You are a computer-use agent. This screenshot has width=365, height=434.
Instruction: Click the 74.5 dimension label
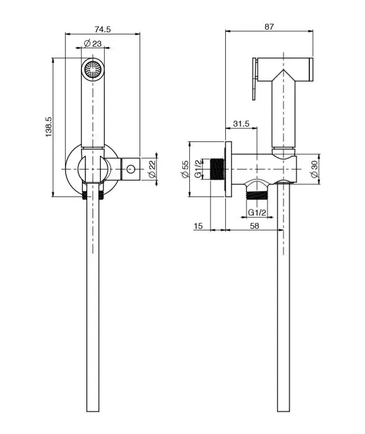click(x=103, y=29)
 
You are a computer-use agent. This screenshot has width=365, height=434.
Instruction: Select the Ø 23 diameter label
click(x=93, y=43)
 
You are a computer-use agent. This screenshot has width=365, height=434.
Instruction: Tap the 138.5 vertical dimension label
click(x=48, y=127)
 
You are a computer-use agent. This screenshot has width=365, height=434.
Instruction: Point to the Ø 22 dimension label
click(x=152, y=169)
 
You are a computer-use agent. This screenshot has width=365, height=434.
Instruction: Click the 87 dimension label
click(x=269, y=26)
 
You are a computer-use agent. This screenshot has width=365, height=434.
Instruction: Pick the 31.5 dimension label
click(x=241, y=123)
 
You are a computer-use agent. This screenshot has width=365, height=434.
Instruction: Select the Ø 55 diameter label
click(x=185, y=169)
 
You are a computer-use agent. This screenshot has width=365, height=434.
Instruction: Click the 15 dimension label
click(x=198, y=226)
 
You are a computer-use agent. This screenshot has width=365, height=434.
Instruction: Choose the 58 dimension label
click(x=254, y=226)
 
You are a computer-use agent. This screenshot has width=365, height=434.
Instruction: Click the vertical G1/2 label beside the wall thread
click(x=198, y=169)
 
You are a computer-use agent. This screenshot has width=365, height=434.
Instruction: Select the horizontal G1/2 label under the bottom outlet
click(x=257, y=212)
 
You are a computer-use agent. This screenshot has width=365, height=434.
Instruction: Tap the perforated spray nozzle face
click(x=93, y=69)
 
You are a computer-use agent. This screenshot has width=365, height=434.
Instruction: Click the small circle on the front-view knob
click(x=131, y=169)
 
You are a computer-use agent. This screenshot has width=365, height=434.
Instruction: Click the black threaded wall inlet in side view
click(x=218, y=169)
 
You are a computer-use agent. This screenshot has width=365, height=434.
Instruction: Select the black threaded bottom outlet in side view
click(x=257, y=196)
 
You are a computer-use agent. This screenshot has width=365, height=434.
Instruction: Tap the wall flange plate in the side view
click(x=228, y=169)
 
